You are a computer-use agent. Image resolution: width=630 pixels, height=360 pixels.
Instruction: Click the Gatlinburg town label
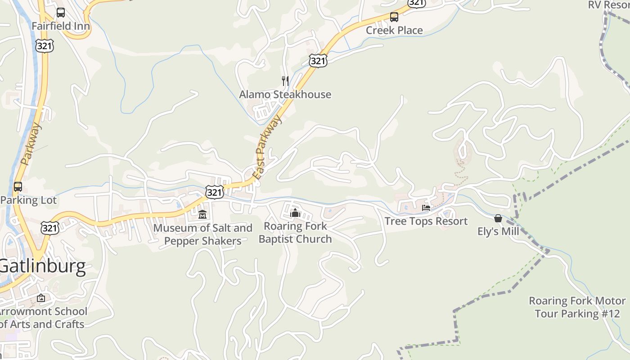(x=43, y=266)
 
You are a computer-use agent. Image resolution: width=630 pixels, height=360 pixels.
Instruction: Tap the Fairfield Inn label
(x=61, y=26)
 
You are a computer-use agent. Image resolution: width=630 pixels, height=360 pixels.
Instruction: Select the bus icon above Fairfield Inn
(x=61, y=13)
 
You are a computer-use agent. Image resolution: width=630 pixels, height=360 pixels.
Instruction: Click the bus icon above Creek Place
(x=394, y=17)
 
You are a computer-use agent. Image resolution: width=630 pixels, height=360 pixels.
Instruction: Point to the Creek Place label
(x=394, y=30)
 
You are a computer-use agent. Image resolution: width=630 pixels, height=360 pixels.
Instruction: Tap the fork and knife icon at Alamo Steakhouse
(x=285, y=81)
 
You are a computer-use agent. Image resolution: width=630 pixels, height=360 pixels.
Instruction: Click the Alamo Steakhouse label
(x=285, y=94)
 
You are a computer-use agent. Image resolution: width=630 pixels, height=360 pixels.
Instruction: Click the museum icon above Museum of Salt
(x=202, y=214)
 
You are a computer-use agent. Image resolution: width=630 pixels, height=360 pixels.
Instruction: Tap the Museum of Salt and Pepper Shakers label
(x=202, y=234)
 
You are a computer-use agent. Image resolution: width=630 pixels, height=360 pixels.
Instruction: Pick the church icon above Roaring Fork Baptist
(x=295, y=212)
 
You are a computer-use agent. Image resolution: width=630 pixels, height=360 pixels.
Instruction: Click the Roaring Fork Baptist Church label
(x=295, y=232)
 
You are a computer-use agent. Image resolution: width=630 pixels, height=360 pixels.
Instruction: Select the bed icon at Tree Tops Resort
(x=426, y=208)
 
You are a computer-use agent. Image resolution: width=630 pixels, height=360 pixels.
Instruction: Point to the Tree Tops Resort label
(x=426, y=221)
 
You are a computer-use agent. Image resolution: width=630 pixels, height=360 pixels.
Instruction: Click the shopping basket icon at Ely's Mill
(x=498, y=218)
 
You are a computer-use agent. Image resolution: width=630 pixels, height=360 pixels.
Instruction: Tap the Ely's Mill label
(x=498, y=231)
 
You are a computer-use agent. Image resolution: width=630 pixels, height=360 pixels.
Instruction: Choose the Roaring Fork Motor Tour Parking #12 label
(x=577, y=307)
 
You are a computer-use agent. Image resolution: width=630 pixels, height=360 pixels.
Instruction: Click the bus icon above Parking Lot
(x=18, y=186)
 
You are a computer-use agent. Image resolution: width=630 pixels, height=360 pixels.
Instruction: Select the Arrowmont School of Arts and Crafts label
(x=42, y=318)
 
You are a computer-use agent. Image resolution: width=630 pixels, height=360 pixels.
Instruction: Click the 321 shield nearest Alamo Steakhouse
(x=318, y=61)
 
